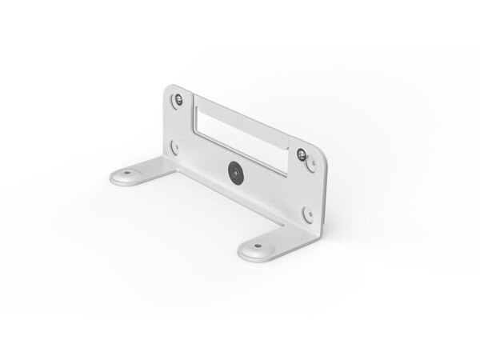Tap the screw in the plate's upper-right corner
(300, 154)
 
